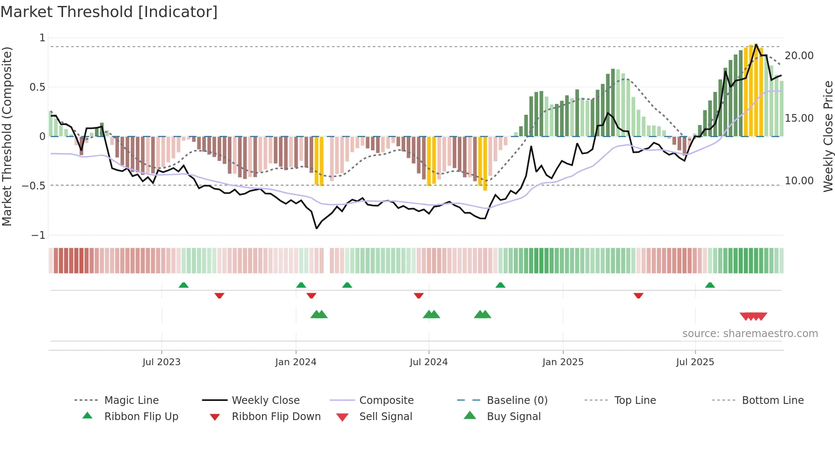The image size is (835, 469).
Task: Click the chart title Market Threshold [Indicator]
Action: (x=109, y=12)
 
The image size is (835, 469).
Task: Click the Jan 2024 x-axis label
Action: (x=296, y=362)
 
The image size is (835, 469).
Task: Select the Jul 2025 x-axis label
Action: (x=695, y=362)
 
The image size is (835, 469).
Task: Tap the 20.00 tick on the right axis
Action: (x=799, y=56)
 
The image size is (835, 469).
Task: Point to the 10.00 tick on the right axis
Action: (x=799, y=181)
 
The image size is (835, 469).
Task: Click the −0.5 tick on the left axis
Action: (x=34, y=186)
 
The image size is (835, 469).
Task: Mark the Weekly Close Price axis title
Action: (x=828, y=136)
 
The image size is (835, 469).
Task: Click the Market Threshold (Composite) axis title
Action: (x=7, y=136)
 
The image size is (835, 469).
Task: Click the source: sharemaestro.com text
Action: (x=750, y=333)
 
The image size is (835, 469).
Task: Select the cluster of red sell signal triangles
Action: (x=753, y=316)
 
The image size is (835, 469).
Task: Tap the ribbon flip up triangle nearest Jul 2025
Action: (x=710, y=285)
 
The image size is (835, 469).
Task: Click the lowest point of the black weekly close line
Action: (x=317, y=229)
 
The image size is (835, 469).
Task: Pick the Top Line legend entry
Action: (x=635, y=400)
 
